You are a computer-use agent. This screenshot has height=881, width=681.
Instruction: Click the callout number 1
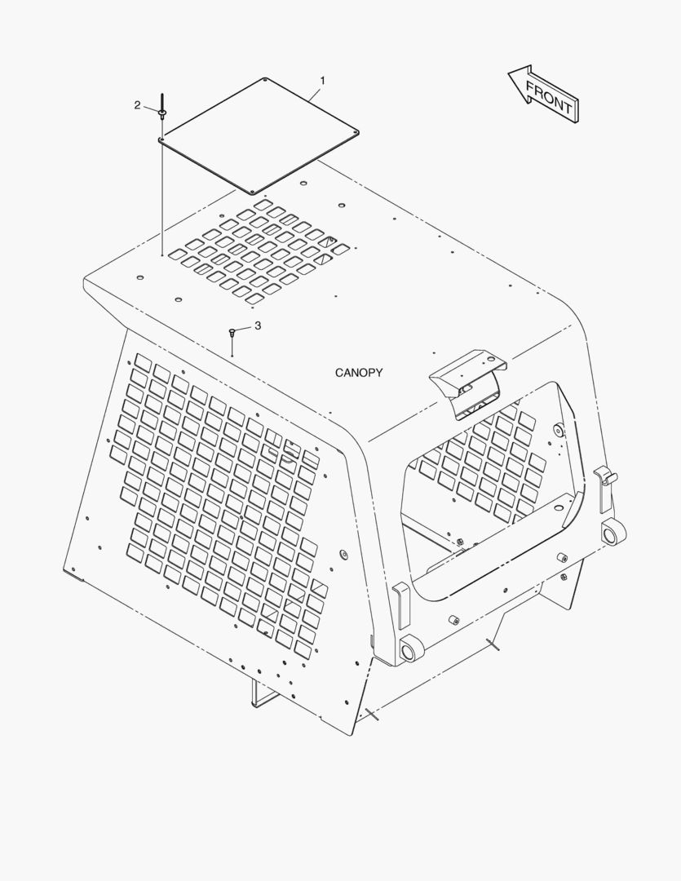tap(322, 81)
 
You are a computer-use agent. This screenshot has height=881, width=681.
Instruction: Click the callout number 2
tap(137, 105)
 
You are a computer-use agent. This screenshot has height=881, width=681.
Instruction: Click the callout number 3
tap(258, 325)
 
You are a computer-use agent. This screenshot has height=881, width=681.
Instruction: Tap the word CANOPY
tap(359, 373)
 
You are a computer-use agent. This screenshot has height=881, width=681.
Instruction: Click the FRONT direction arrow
tap(543, 94)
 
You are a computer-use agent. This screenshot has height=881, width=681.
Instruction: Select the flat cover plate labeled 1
tap(259, 135)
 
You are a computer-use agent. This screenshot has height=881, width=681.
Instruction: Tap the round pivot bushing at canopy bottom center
tap(412, 649)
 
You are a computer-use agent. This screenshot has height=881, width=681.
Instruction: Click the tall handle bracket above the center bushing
tap(400, 605)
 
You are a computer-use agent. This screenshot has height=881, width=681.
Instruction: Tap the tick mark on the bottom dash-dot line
tap(372, 714)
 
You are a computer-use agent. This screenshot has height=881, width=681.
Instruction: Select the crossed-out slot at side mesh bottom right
tap(319, 589)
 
